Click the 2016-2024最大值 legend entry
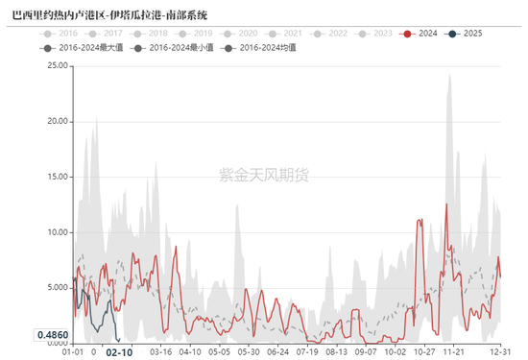100,47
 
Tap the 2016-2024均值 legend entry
259,47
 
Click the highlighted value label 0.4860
52,335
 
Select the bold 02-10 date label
119,352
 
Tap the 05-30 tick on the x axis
249,352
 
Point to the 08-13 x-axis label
337,352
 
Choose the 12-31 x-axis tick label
500,352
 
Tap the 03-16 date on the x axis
160,352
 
